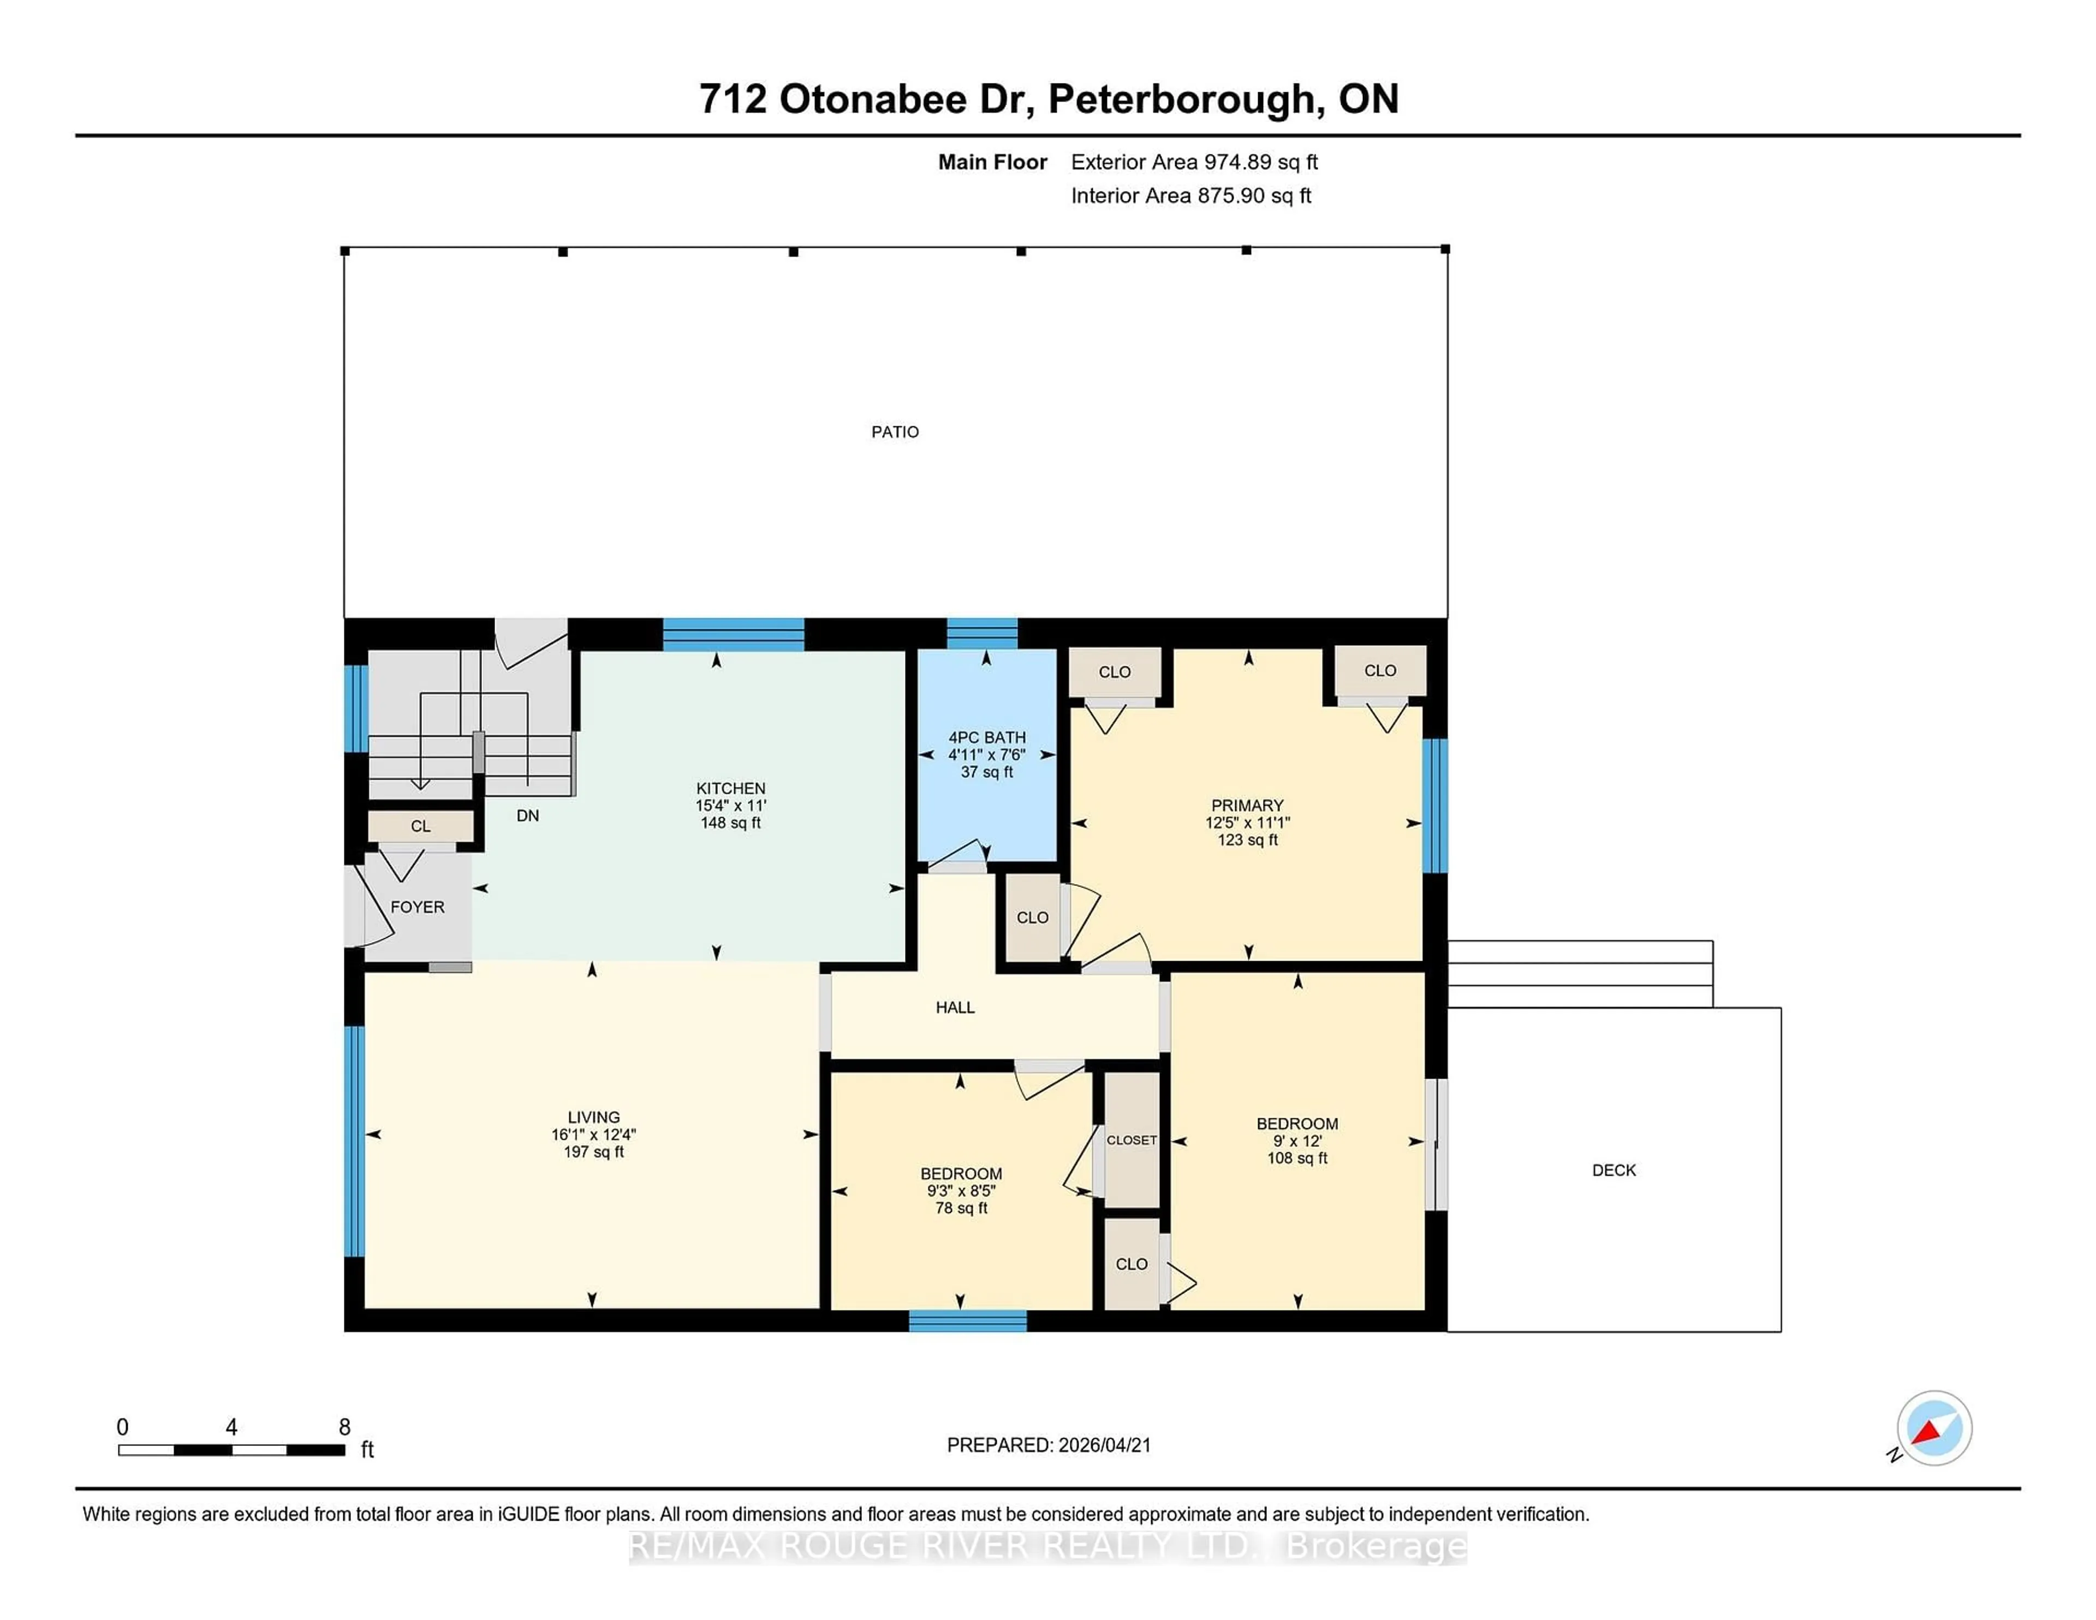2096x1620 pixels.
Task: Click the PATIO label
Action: click(895, 432)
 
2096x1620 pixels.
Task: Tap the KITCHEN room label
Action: click(730, 788)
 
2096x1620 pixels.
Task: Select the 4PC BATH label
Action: click(986, 737)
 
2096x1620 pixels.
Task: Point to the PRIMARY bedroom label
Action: click(1247, 805)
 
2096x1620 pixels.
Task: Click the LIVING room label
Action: click(593, 1117)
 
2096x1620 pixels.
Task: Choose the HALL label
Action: click(955, 1006)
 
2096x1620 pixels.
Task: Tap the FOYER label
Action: click(418, 907)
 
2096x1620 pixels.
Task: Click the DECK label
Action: click(1613, 1170)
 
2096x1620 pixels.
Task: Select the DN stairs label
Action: click(527, 816)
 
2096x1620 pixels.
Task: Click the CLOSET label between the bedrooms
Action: click(1132, 1140)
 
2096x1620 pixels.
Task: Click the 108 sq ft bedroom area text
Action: click(1296, 1158)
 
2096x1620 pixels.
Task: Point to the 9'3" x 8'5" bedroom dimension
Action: click(961, 1191)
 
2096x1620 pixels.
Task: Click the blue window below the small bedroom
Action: click(967, 1321)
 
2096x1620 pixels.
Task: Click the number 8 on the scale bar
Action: click(344, 1427)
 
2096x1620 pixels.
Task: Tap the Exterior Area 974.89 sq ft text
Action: click(1194, 162)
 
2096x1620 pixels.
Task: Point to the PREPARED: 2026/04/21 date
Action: click(1048, 1445)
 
